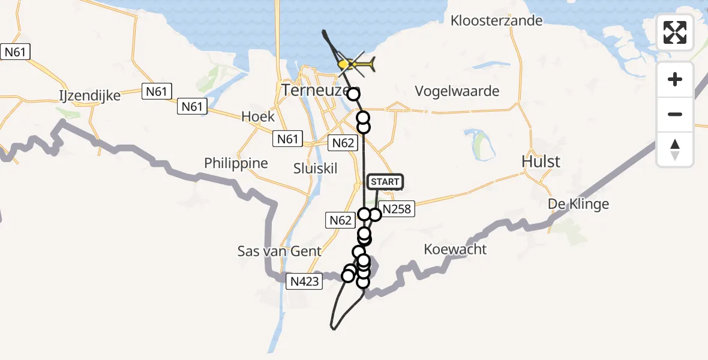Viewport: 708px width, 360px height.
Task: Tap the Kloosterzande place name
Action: [497, 20]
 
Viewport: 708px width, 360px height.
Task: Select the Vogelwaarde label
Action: [457, 91]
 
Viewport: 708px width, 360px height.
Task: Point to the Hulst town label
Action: [541, 161]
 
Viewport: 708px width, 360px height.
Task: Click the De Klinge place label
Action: [578, 204]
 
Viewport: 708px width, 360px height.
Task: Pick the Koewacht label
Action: [455, 249]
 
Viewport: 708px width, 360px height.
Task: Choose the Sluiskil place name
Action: [316, 168]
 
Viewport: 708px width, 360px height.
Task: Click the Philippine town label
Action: [236, 163]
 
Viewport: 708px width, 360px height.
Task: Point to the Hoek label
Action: [257, 116]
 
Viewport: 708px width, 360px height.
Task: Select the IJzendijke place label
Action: [90, 95]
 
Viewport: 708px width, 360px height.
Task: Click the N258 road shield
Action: [397, 209]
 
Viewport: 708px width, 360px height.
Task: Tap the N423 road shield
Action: [305, 280]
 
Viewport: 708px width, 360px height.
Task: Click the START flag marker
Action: [385, 182]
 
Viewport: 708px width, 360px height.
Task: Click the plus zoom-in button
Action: [675, 79]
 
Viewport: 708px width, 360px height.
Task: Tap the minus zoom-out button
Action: [675, 114]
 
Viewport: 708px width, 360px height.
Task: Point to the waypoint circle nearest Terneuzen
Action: [353, 94]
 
